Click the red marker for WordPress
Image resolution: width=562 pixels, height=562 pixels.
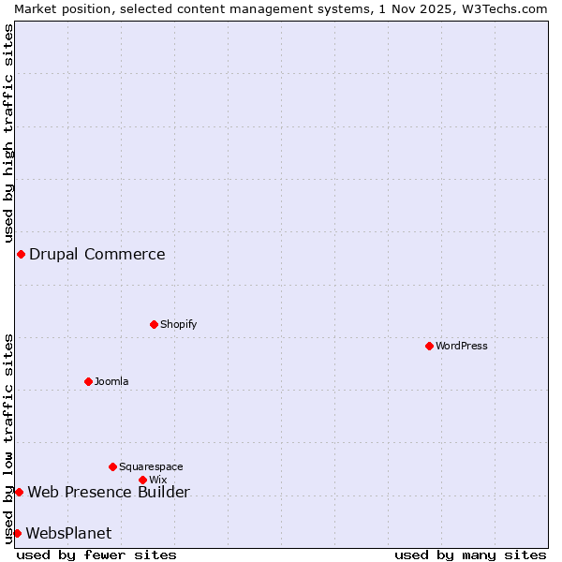(429, 346)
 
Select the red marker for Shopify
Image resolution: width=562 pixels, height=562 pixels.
(154, 324)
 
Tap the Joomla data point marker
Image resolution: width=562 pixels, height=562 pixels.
(88, 381)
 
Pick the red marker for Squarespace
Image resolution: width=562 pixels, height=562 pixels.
(112, 466)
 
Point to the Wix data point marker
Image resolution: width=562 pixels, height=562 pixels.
(142, 480)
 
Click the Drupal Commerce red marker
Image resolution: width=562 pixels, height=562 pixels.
(21, 254)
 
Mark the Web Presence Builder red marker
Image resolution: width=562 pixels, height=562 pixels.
(19, 492)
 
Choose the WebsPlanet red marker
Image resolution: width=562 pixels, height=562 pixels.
(17, 533)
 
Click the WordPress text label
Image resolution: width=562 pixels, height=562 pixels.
(462, 346)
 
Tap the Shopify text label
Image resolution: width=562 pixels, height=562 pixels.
(178, 324)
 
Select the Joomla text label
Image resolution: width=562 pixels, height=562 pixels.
(111, 381)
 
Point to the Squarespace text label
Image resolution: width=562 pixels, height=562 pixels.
(151, 466)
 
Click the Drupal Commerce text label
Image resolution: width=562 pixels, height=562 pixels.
(97, 254)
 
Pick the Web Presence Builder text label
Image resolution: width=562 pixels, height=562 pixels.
(109, 492)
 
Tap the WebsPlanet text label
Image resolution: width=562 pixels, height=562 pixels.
(68, 533)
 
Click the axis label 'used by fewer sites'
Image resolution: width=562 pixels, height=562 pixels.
(96, 555)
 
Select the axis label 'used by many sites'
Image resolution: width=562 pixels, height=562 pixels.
(470, 555)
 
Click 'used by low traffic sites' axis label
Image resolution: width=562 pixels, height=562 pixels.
(8, 437)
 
